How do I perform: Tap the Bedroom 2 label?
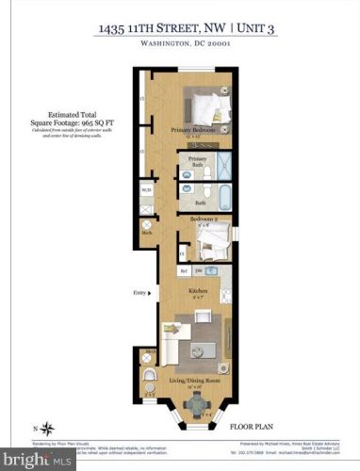(x=205, y=219)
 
